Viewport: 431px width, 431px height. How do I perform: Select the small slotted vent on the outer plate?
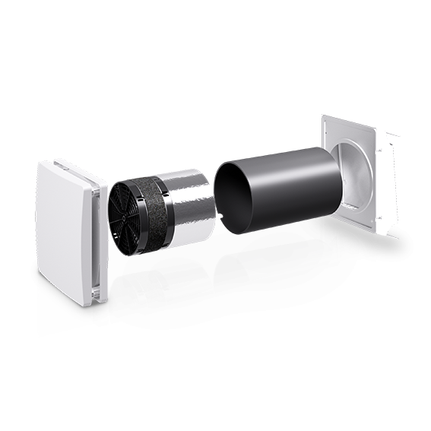[350, 206]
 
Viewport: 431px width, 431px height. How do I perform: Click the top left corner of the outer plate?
[324, 117]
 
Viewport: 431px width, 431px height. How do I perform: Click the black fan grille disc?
[122, 220]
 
